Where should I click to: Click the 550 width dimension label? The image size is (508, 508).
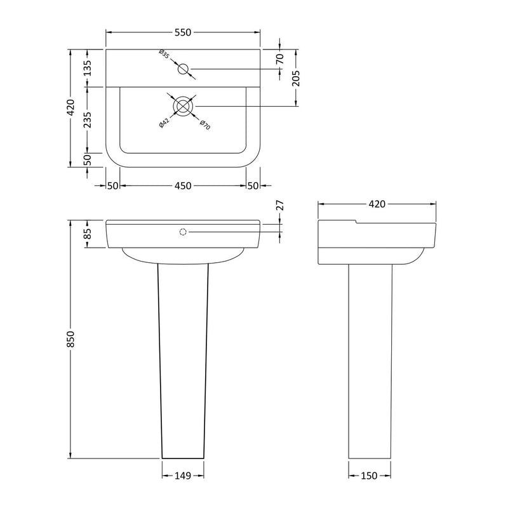(x=183, y=32)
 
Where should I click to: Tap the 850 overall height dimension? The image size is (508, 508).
(x=70, y=339)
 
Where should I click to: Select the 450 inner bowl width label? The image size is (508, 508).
(x=183, y=186)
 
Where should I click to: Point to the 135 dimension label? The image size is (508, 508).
(x=88, y=68)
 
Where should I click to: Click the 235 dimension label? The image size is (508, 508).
(x=88, y=120)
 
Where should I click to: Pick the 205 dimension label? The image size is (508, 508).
(x=296, y=78)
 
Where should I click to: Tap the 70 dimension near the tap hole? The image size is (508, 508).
(x=280, y=58)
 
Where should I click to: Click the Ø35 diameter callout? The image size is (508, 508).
(x=164, y=54)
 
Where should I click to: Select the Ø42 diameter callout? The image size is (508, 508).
(x=164, y=123)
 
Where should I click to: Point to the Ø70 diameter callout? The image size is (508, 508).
(x=205, y=124)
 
